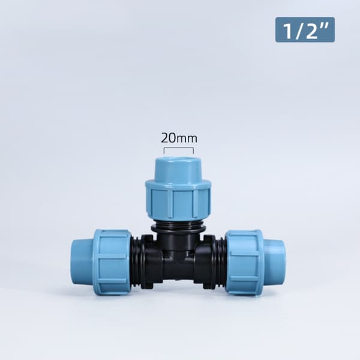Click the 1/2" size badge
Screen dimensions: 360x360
click(305, 29)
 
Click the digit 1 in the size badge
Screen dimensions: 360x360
click(287, 31)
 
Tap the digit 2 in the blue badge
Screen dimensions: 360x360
click(311, 31)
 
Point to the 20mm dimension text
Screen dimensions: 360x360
click(179, 138)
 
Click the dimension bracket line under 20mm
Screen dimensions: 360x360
click(179, 148)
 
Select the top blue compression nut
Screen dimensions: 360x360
click(178, 199)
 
